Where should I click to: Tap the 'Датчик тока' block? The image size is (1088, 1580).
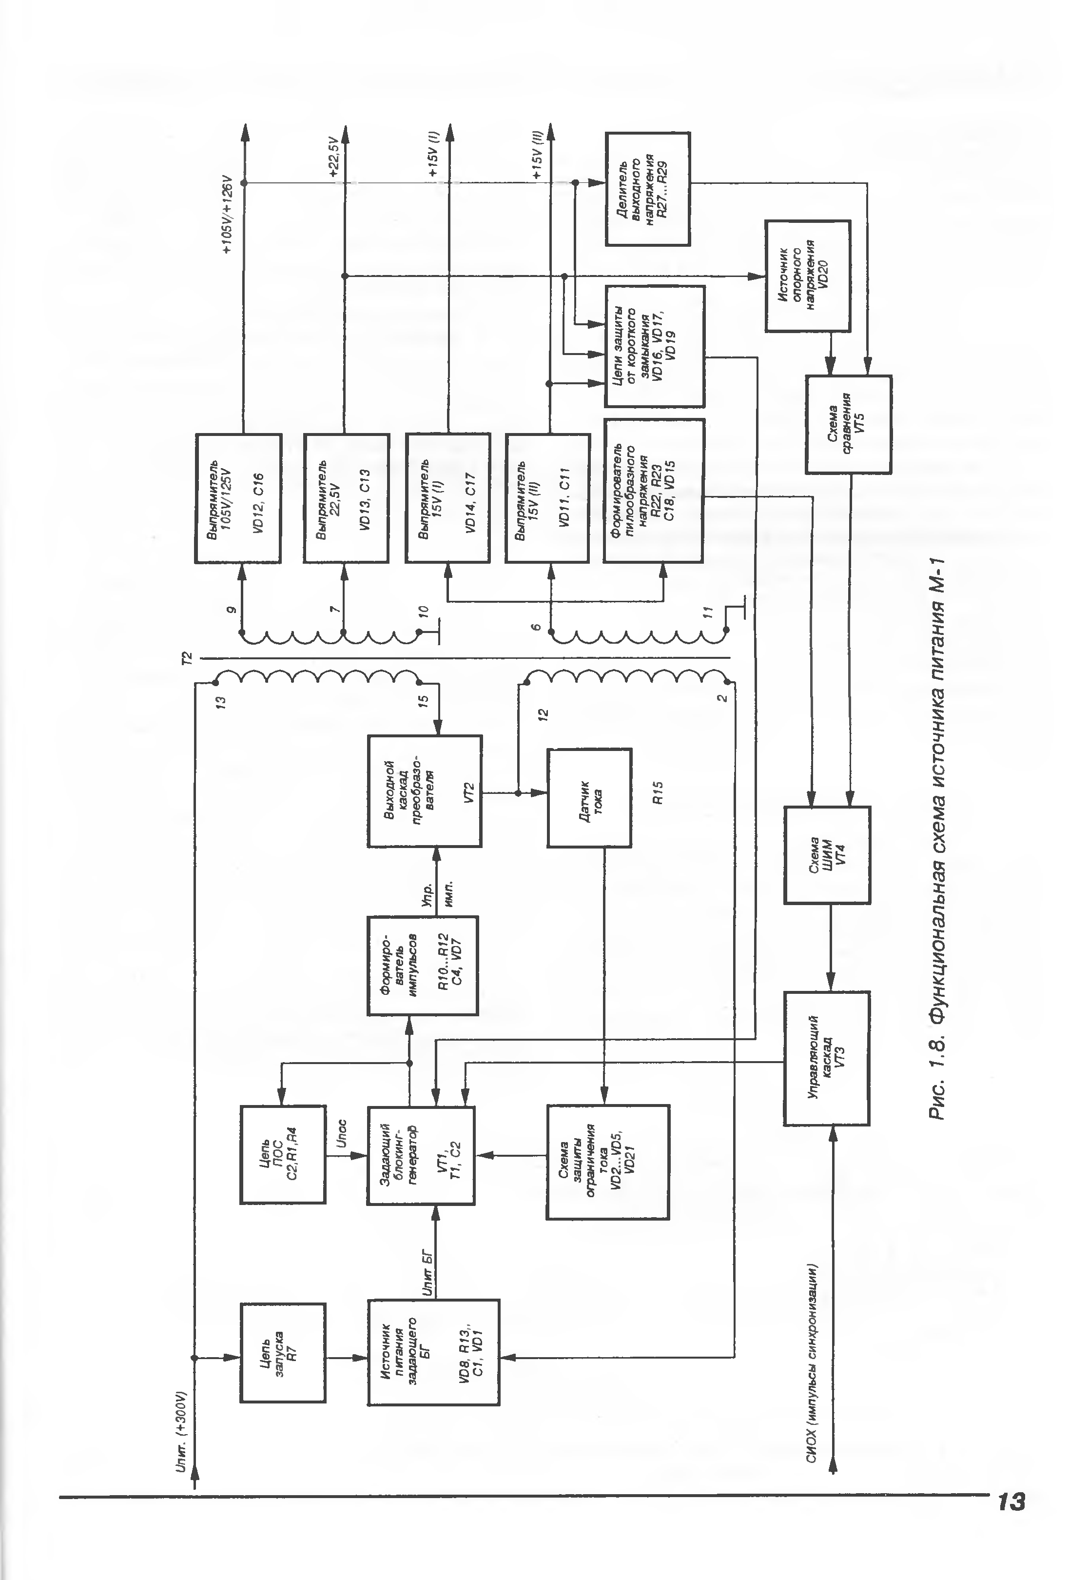(x=589, y=797)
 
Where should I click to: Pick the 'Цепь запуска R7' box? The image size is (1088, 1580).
(x=282, y=1352)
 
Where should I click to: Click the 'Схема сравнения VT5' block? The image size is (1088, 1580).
(x=848, y=424)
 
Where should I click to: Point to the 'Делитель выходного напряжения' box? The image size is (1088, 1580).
(x=648, y=189)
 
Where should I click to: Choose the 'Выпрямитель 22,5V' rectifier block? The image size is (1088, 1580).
(x=346, y=498)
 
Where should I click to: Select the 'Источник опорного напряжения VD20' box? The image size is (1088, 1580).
(x=807, y=276)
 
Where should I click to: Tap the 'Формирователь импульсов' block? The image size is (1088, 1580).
(x=422, y=966)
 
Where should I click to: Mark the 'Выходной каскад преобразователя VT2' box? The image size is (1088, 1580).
(x=425, y=791)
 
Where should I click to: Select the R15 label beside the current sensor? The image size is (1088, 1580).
(x=658, y=792)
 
